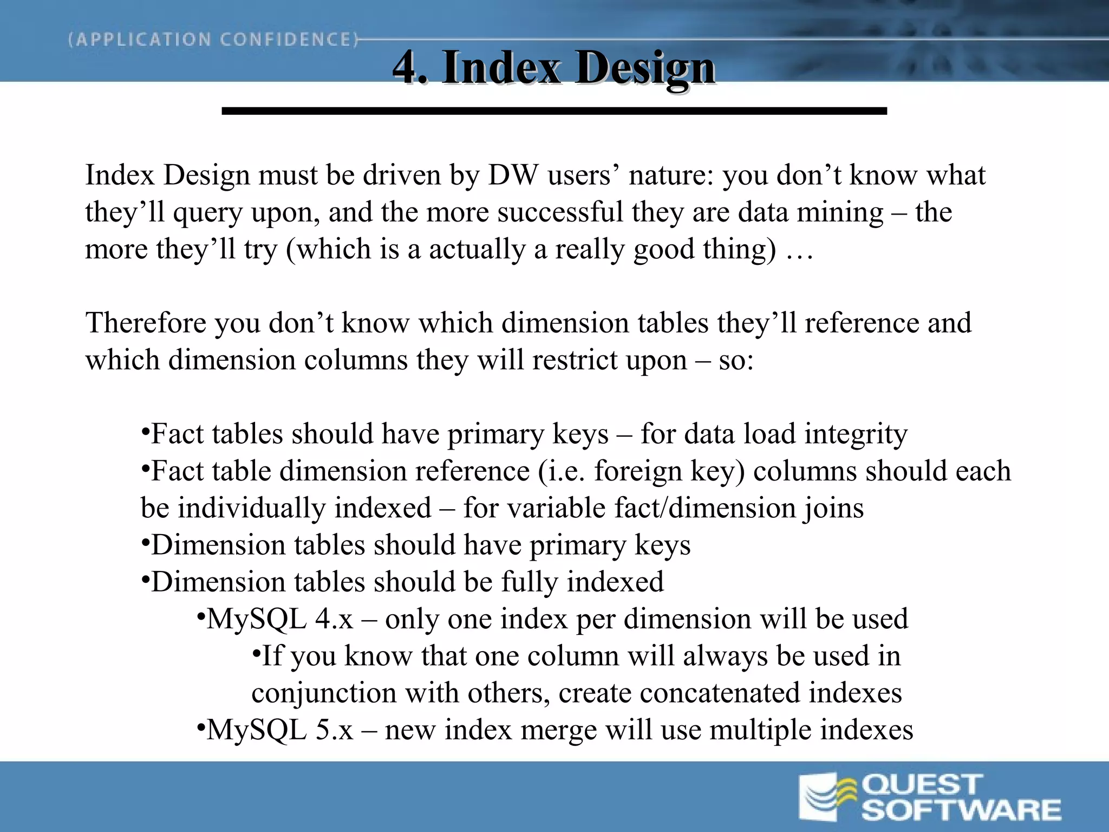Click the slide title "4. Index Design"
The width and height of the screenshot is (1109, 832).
[x=553, y=68]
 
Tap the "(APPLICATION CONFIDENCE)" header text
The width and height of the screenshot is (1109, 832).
[x=213, y=40]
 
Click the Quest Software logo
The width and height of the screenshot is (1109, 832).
[x=929, y=797]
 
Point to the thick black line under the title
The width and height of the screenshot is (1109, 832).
[x=553, y=111]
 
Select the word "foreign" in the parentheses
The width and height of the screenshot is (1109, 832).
[x=637, y=471]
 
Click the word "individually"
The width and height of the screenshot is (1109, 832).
[x=250, y=508]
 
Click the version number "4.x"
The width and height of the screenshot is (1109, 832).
[x=333, y=619]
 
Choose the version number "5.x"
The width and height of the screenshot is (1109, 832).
[x=333, y=730]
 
